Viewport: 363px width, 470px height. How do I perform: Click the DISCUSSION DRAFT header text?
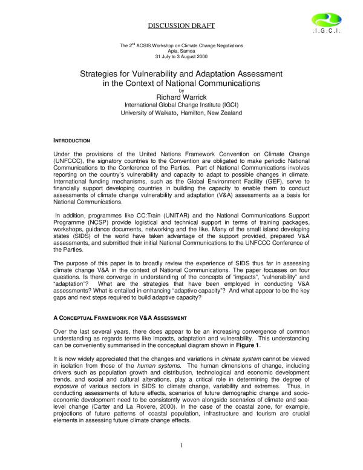pos(181,25)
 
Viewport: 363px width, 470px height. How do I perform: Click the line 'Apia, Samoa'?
pos(181,51)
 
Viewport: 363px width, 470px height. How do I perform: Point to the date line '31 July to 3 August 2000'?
pos(181,56)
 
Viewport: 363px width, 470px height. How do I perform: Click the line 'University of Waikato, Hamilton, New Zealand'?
pos(181,113)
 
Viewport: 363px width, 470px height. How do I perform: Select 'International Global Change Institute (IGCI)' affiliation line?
pos(181,104)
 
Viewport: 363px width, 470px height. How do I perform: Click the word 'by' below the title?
pos(181,90)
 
